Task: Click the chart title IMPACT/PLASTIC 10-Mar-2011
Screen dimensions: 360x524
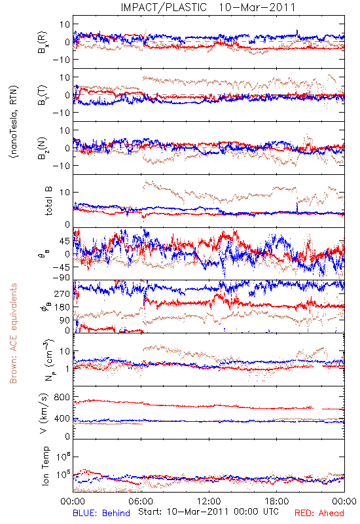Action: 208,7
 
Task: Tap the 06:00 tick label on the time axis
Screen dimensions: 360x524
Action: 141,502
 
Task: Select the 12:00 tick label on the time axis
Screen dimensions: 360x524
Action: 209,502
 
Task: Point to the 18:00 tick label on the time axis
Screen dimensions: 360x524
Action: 277,502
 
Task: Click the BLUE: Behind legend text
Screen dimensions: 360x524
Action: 101,513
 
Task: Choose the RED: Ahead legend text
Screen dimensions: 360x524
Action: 319,513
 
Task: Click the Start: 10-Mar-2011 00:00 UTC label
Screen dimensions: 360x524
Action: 208,512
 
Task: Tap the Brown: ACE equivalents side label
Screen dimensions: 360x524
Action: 13,333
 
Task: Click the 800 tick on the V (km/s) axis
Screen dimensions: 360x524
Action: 62,397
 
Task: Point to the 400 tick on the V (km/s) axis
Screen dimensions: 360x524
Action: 62,419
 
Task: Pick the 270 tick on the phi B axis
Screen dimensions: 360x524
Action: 62,293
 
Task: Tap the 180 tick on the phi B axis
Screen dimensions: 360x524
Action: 62,307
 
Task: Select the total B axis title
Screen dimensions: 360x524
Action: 48,201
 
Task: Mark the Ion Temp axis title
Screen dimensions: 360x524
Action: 45,466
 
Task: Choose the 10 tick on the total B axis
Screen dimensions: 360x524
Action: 64,192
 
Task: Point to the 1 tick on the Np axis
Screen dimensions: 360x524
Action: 67,369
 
